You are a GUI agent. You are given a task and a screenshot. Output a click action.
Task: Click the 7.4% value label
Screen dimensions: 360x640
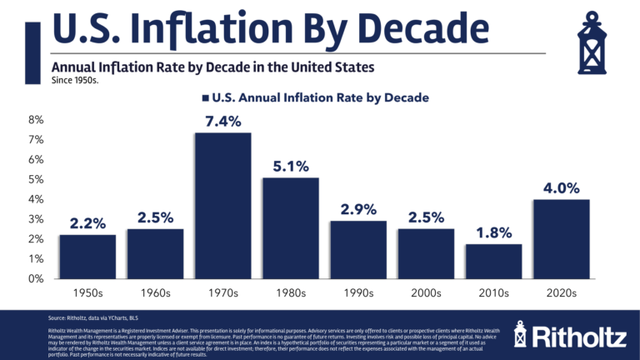click(222, 122)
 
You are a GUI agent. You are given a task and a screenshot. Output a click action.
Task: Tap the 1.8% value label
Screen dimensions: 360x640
click(492, 232)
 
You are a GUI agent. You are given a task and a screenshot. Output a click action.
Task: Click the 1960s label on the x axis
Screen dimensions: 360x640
click(155, 293)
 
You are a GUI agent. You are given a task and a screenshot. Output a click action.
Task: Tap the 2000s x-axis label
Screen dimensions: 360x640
click(425, 293)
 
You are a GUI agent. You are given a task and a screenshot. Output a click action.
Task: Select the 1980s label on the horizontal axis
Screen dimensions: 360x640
click(290, 293)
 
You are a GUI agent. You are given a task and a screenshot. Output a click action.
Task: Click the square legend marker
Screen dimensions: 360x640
click(205, 97)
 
